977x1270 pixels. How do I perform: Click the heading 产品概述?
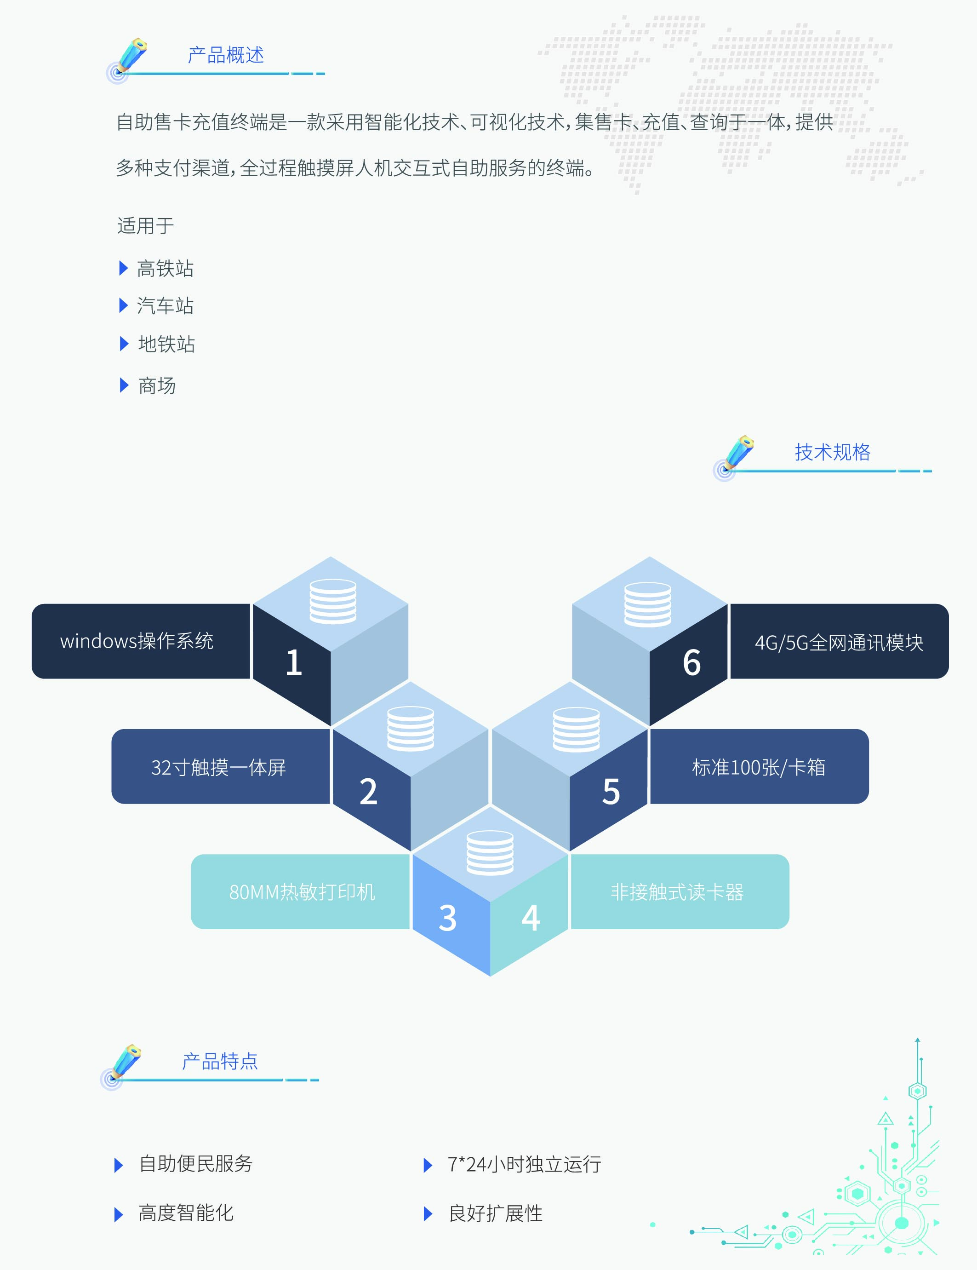coord(225,55)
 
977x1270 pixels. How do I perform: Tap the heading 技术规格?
coord(832,452)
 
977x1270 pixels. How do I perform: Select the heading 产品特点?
coord(220,1061)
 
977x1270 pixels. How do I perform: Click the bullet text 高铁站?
coord(165,269)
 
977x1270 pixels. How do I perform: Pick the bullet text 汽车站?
coord(165,306)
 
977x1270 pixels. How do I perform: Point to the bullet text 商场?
coord(157,385)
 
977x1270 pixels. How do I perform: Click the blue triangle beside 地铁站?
coord(123,344)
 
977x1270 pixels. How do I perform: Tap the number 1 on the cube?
coord(293,662)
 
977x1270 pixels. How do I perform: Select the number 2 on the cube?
coord(368,792)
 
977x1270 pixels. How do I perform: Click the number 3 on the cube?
coord(447,918)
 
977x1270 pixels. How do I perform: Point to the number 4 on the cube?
coord(530,918)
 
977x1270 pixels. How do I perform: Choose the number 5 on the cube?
coord(611,792)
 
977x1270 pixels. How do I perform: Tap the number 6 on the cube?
coord(691,662)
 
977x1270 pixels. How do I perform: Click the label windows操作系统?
coord(137,641)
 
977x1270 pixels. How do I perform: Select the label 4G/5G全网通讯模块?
coord(839,643)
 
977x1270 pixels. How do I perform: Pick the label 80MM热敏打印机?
coord(302,892)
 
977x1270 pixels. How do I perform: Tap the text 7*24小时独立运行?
coord(524,1164)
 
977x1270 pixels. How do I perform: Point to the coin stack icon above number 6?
coord(647,605)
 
